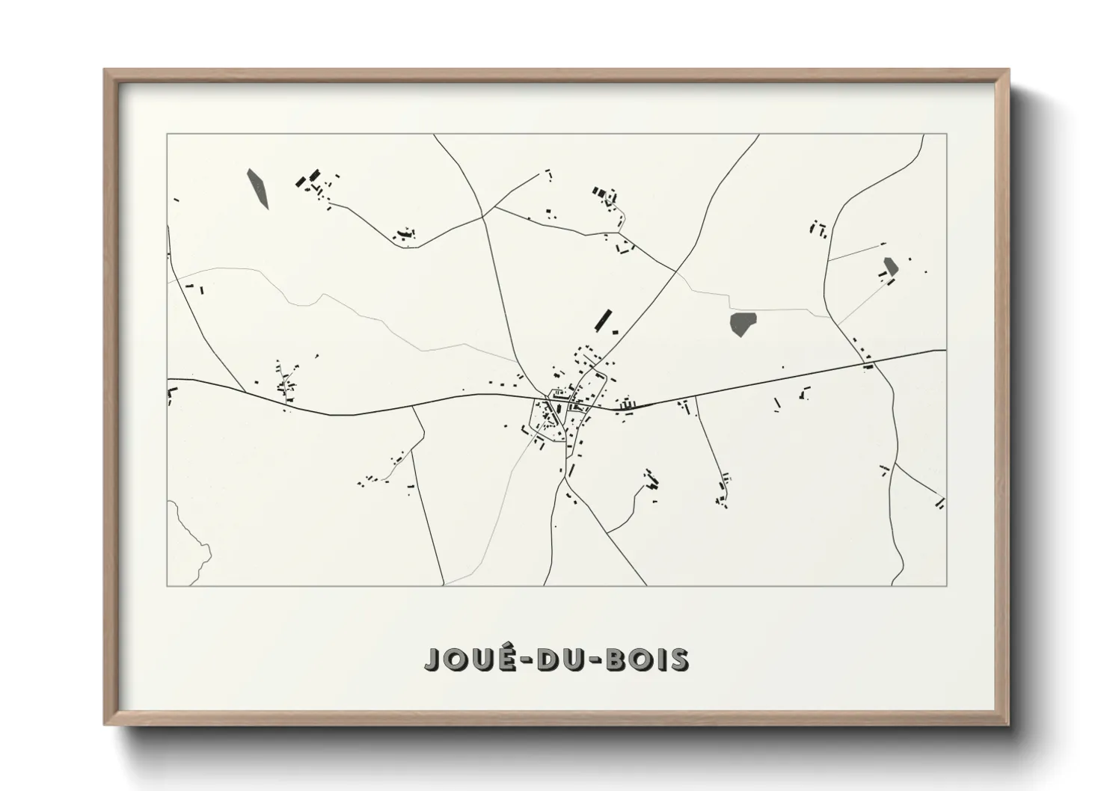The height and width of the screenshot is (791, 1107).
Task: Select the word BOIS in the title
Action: (648, 659)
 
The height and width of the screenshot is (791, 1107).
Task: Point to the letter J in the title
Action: (432, 659)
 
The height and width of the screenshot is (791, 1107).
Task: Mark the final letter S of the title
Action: (679, 659)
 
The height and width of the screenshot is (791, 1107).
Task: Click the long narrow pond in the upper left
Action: (258, 188)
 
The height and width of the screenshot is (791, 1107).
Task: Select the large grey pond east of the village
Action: (743, 324)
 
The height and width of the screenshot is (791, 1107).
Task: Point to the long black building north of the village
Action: (601, 319)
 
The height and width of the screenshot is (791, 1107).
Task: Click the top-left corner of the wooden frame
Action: (105, 71)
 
